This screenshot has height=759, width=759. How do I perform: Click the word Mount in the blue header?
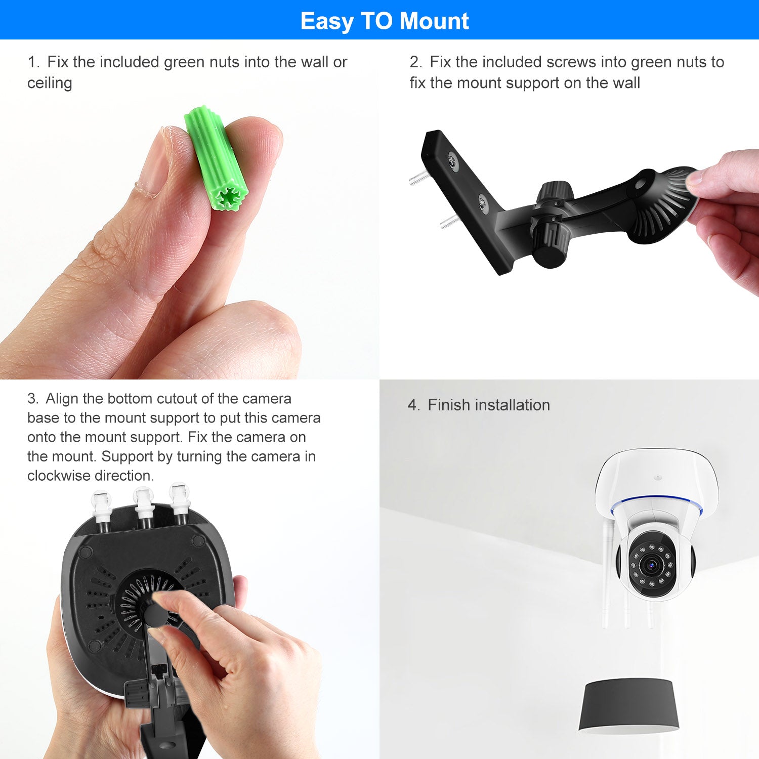point(434,21)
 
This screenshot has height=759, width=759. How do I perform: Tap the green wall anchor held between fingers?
point(216,158)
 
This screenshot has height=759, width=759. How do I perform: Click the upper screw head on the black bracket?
point(452,162)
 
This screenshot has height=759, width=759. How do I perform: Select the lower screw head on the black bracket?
point(482,203)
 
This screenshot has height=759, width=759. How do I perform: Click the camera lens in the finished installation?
point(651,563)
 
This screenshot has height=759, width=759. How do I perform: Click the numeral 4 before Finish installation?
point(413,405)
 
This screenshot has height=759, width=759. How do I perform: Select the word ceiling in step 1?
point(50,83)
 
